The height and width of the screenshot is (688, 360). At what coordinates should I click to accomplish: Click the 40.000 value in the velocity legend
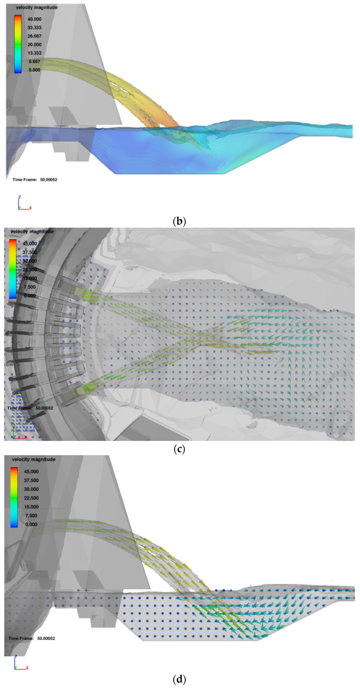coord(34,19)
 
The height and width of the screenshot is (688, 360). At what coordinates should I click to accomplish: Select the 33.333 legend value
coord(34,28)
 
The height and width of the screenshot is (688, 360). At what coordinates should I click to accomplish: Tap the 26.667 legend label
coord(34,36)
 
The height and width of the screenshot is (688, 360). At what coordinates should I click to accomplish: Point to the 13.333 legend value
coord(34,53)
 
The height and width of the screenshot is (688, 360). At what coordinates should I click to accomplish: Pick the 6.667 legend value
coord(34,61)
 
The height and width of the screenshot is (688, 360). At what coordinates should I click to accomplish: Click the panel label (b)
coord(179,221)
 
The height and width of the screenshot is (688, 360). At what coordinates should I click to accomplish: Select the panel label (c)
coord(179,449)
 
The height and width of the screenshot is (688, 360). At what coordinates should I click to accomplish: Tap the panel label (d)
coord(179,679)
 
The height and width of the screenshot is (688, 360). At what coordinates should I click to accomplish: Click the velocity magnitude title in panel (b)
coord(37,7)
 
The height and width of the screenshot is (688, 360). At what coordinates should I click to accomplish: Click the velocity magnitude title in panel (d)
coord(33,459)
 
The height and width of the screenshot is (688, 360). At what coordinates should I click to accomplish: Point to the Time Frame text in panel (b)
coord(35,180)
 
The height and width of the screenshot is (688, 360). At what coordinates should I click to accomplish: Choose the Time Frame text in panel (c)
coord(30,408)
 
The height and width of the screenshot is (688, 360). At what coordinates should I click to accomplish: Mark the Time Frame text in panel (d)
coord(32,638)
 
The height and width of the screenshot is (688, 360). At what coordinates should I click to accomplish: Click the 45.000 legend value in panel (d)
coord(31,472)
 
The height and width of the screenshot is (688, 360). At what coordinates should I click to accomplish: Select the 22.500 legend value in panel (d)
coord(31,498)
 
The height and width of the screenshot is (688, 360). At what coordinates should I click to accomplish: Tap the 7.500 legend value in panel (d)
coord(31,515)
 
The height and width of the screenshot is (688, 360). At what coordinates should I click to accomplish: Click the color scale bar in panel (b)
coord(18,44)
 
